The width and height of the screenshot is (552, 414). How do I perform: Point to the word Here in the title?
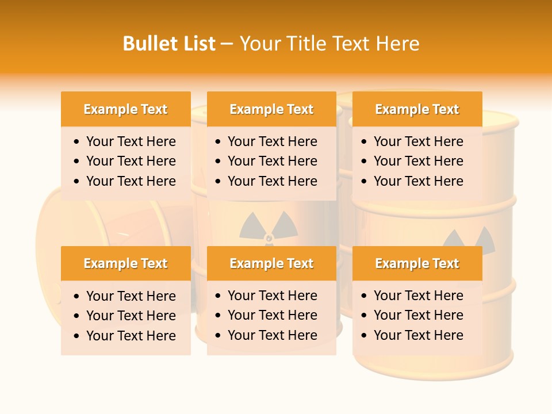pos(397,44)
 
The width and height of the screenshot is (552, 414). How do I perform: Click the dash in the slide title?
pos(227,44)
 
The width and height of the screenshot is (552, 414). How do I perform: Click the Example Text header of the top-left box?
pos(125,109)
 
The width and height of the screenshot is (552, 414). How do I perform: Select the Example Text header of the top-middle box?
pos(271,109)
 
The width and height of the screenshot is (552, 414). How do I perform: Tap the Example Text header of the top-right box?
pos(417,109)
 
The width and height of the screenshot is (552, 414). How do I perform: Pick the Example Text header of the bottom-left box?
pos(125,263)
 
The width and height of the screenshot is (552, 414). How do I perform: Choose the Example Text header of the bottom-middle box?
pos(271,263)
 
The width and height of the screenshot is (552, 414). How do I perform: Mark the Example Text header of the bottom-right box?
pos(417,263)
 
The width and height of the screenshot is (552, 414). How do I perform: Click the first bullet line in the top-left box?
pos(131,141)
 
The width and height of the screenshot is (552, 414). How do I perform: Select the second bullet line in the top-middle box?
pos(272,161)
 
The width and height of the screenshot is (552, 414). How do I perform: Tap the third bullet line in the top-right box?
pos(418,181)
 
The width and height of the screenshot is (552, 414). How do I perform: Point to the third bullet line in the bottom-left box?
pos(131,336)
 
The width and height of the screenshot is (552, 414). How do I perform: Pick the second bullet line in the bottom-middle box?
pos(272,315)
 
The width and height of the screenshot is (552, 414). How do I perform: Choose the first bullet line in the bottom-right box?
pos(418,296)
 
